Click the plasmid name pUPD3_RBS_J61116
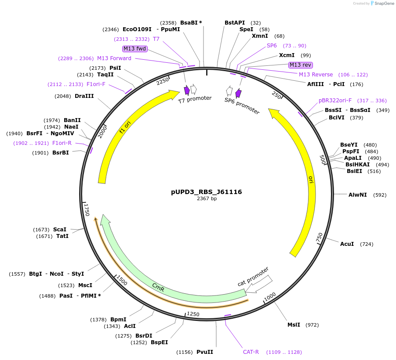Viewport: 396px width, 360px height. point(206,192)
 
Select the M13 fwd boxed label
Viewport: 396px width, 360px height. point(135,49)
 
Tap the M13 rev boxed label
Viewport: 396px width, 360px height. point(301,65)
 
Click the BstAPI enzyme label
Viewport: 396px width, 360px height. point(235,22)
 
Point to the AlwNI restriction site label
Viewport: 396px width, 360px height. point(358,194)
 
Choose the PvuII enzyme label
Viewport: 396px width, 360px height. point(204,352)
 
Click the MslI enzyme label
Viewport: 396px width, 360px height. point(294,325)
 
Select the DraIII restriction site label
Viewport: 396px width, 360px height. point(84,96)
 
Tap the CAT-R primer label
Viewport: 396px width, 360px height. point(251,352)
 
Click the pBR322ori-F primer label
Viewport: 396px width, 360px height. point(335,101)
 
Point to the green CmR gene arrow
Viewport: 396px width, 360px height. point(158,288)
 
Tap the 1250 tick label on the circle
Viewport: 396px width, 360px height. point(193,314)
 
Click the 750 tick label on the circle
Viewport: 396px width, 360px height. point(320,238)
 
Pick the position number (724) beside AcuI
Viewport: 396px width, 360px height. point(367,244)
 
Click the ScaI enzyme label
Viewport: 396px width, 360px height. point(60,230)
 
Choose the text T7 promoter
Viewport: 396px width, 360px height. point(195,100)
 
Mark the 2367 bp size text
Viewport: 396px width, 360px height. point(207,199)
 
